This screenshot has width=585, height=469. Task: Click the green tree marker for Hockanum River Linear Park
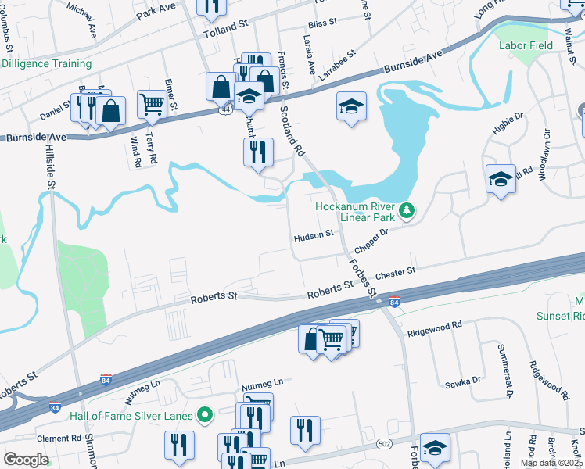[406, 210]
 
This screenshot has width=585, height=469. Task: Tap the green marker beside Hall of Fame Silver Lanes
[205, 415]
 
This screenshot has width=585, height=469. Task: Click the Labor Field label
[526, 45]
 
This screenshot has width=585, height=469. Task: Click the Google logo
[26, 460]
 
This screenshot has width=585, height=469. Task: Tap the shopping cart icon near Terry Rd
[152, 104]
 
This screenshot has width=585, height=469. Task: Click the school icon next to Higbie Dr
[501, 179]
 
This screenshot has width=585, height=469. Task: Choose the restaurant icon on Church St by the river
[258, 151]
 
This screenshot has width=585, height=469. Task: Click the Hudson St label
[314, 234]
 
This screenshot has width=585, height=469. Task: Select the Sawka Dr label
[464, 381]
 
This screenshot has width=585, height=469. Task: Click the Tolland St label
[224, 35]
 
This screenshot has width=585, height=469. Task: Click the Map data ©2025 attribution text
[551, 463]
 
